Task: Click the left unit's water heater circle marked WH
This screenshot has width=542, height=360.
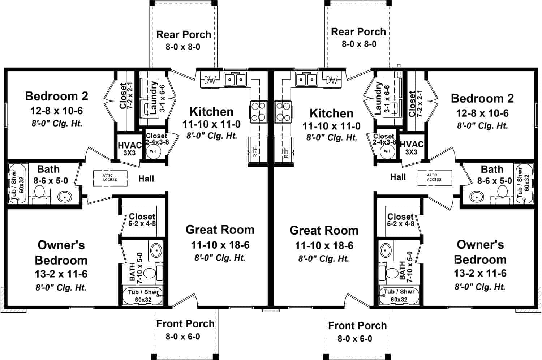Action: [x=153, y=151]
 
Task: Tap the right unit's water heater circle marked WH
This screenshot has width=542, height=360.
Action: [x=387, y=151]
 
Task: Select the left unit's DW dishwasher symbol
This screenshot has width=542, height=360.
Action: [x=210, y=80]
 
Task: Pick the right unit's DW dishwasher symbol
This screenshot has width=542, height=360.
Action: [x=332, y=80]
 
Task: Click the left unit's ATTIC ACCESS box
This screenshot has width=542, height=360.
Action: [x=110, y=178]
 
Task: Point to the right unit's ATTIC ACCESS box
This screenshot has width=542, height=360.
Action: [x=435, y=178]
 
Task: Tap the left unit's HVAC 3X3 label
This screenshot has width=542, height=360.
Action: [x=130, y=149]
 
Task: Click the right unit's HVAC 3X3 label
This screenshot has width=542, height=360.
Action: [x=412, y=148]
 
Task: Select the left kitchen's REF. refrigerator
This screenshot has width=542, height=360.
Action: [x=258, y=150]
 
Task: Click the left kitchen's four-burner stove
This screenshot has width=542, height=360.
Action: [x=258, y=112]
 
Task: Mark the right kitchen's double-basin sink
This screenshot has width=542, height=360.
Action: [x=306, y=79]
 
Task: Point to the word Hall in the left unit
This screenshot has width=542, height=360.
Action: [x=146, y=179]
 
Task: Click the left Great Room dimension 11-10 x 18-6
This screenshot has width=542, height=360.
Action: [x=220, y=245]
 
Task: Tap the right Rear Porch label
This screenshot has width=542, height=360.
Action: [x=358, y=32]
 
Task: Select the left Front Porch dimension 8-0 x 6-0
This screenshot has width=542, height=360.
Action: [x=183, y=337]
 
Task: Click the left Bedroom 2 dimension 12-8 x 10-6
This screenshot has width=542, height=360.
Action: [x=57, y=111]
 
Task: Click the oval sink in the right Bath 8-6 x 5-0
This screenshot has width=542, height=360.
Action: [x=477, y=197]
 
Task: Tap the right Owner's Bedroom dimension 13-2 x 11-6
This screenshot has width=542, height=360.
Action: [x=480, y=273]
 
